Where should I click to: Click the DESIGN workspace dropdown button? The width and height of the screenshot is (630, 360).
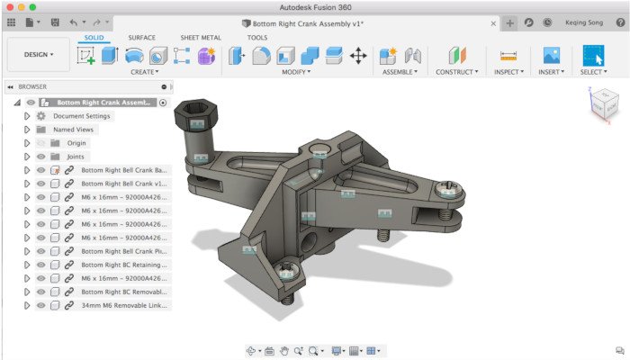(x=39, y=54)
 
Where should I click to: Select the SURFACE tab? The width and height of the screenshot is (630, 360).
(x=141, y=38)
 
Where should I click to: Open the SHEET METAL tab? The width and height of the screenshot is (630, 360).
(x=201, y=38)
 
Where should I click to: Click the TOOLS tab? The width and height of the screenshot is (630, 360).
(x=256, y=38)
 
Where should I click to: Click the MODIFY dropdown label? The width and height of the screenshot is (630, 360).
(x=296, y=72)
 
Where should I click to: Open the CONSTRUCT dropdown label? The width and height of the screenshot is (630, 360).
(x=457, y=72)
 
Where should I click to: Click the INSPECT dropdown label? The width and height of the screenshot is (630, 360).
(x=510, y=72)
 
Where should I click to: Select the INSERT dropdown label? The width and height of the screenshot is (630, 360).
(x=553, y=72)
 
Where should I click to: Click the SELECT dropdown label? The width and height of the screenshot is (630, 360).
(x=592, y=72)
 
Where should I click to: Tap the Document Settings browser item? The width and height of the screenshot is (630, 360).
(x=81, y=116)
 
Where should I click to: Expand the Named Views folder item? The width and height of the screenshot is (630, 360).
(x=72, y=130)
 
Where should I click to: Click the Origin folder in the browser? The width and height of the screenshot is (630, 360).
(x=76, y=143)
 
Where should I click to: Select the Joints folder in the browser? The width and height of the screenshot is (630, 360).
(x=75, y=157)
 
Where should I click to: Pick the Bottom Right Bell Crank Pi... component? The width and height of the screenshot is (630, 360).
(x=123, y=251)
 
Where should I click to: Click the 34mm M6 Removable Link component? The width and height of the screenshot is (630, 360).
(x=123, y=305)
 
